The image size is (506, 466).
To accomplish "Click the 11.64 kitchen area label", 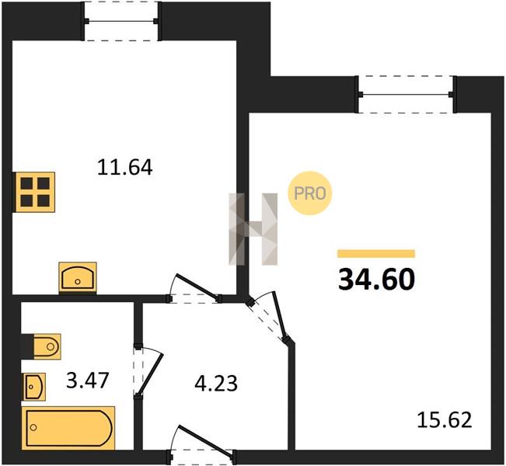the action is click(x=124, y=168).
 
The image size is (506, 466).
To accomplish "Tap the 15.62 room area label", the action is click(x=445, y=420).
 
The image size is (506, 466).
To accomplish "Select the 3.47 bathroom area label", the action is click(x=88, y=381).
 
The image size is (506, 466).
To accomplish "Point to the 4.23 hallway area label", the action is click(x=216, y=384).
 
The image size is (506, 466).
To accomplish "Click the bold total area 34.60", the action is click(x=376, y=280).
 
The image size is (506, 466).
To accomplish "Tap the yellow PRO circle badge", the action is click(x=310, y=193).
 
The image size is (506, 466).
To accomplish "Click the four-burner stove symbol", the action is click(x=34, y=192).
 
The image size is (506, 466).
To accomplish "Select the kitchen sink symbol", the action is click(x=78, y=277).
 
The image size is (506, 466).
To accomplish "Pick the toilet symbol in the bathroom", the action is click(x=41, y=346).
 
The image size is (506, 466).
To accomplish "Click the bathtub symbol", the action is click(x=68, y=428).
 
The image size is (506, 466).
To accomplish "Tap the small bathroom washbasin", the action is click(x=34, y=387).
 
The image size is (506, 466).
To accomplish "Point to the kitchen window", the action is click(x=121, y=21).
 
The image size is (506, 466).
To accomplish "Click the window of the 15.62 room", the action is click(x=406, y=94).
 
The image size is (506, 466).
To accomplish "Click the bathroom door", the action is click(x=147, y=373).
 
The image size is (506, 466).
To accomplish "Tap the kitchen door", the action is click(x=194, y=288).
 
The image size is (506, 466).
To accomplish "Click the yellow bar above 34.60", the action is click(x=376, y=254).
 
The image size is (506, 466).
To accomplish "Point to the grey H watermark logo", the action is click(x=253, y=229).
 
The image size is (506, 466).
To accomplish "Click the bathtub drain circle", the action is click(x=33, y=428).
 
